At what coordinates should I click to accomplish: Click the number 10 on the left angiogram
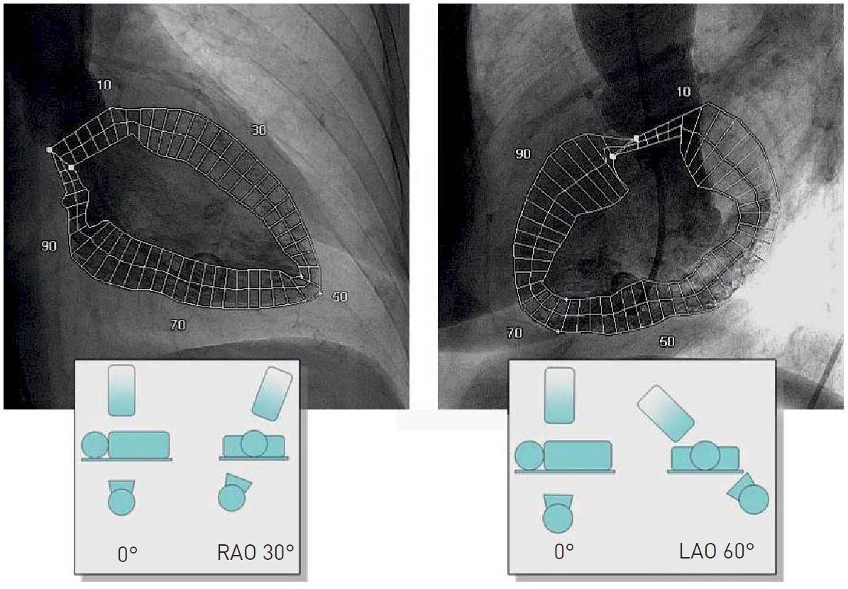tap(104, 85)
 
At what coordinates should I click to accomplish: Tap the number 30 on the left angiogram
tap(258, 130)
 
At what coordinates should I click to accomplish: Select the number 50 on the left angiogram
tap(340, 297)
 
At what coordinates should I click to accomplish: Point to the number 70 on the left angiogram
tap(177, 325)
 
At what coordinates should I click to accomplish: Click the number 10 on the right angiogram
tap(683, 92)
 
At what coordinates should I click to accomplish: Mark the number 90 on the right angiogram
tap(523, 154)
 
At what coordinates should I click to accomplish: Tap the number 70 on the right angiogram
tap(514, 332)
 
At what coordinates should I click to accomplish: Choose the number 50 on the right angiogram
tap(666, 341)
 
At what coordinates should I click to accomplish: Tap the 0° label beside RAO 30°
tap(127, 553)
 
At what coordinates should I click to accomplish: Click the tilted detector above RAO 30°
tap(272, 392)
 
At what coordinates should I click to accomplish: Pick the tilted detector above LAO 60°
tap(666, 412)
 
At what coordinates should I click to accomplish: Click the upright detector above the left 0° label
tap(121, 390)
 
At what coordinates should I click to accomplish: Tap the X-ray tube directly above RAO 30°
tap(235, 492)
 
